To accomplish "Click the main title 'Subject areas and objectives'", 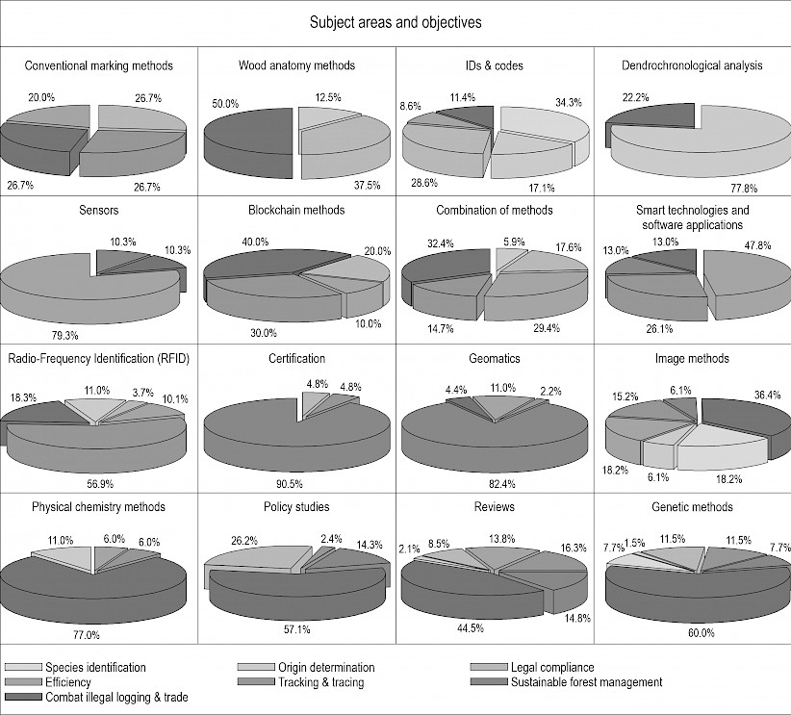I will (x=395, y=20).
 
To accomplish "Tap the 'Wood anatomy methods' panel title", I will (x=296, y=66).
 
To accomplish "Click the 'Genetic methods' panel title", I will (x=692, y=507).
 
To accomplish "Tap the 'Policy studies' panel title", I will (x=296, y=507).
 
